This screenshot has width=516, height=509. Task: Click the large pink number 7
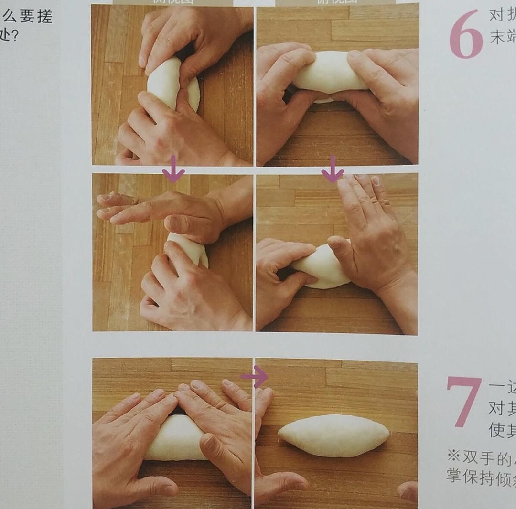(463, 401)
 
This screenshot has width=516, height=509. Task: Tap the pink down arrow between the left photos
(173, 169)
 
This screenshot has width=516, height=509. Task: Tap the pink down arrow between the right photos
(333, 169)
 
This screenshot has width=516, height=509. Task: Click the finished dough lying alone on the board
(333, 435)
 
